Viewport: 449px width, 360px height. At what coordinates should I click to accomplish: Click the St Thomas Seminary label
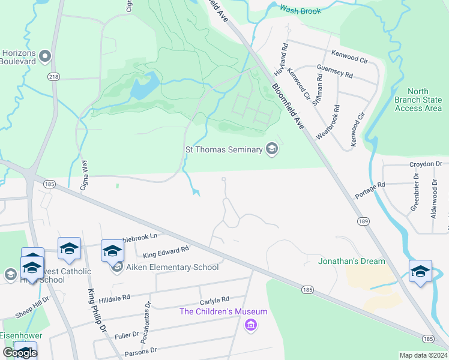[223, 149]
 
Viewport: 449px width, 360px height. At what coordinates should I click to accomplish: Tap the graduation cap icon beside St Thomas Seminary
[272, 149]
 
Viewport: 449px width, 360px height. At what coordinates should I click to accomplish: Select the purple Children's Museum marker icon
[251, 325]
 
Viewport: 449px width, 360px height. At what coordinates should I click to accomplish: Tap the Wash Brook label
[300, 10]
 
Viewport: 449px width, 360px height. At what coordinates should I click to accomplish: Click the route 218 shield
[54, 77]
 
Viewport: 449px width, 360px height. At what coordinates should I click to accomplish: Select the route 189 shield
[362, 221]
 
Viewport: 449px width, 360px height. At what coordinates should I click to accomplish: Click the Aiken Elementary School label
[172, 267]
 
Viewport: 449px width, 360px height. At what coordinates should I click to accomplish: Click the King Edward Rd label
[166, 251]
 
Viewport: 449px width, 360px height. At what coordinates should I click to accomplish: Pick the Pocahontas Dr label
[146, 316]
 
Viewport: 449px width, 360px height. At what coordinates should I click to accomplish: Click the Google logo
[19, 353]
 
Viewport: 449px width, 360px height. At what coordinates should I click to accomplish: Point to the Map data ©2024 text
[423, 355]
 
